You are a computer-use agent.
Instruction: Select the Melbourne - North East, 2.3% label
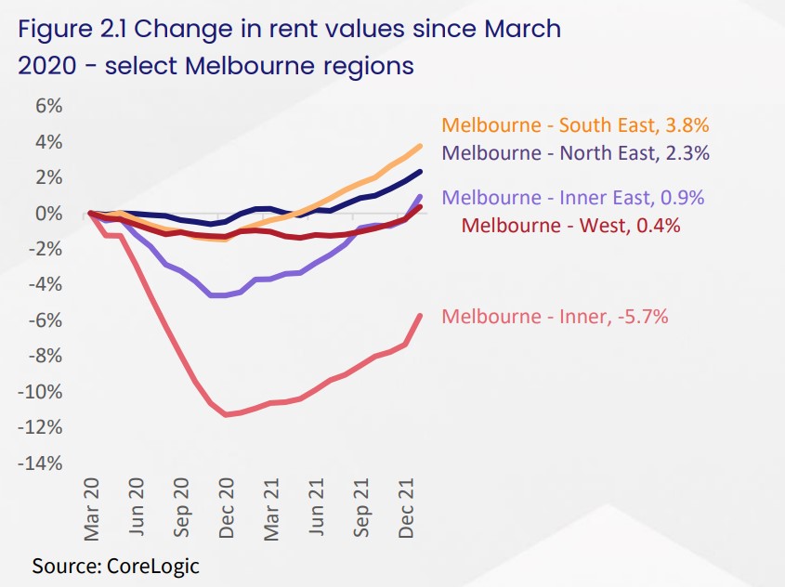click(x=576, y=153)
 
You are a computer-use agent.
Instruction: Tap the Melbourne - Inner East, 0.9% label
click(x=573, y=198)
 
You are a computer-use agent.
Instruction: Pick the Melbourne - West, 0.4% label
click(x=570, y=225)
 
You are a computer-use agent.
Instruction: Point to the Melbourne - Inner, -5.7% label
click(x=555, y=317)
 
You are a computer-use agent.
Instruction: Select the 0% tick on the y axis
click(x=48, y=214)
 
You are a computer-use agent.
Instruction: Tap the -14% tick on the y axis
click(x=42, y=463)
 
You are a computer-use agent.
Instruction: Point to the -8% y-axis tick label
click(x=45, y=357)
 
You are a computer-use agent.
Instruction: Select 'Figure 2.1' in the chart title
click(x=72, y=29)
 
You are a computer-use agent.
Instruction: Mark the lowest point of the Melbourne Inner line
click(x=226, y=415)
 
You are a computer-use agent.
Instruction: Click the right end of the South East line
click(x=421, y=145)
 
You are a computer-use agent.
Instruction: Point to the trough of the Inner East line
click(x=219, y=295)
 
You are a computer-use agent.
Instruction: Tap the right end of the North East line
click(x=421, y=171)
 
